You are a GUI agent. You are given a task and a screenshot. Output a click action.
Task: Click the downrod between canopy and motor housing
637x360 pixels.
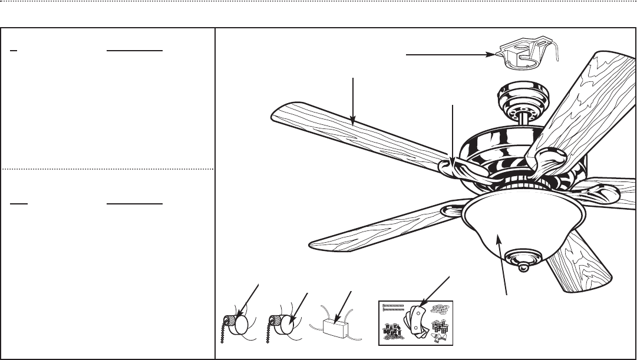tap(524, 118)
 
